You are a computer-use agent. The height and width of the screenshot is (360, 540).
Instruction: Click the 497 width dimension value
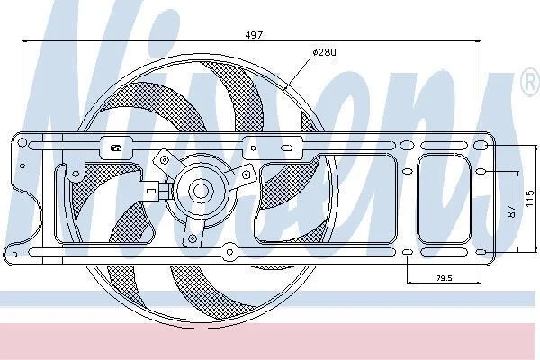point(254,35)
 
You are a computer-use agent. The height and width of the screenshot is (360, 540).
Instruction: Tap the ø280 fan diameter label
point(324,52)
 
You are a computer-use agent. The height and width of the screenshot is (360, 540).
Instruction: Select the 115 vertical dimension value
point(530,198)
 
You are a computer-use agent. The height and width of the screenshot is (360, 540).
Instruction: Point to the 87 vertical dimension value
point(512,211)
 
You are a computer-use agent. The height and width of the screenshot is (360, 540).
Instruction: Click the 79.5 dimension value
point(445,278)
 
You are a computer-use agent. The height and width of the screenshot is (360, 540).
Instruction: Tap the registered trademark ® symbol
point(531,82)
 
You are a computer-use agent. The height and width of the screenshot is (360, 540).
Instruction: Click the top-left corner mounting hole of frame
point(22,142)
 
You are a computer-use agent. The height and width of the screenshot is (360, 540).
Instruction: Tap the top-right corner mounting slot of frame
point(479,145)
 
